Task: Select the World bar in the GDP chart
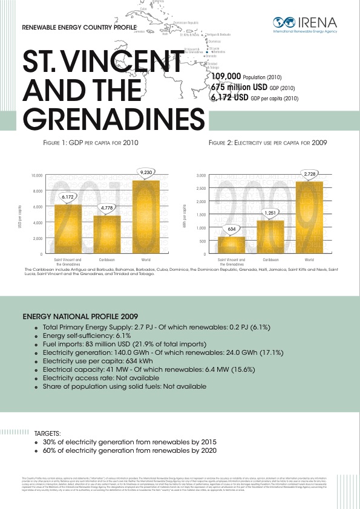pyautogui.click(x=146, y=218)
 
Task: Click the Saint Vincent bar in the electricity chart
pyautogui.click(x=232, y=245)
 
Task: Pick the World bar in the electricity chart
pyautogui.click(x=309, y=218)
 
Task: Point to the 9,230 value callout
pyautogui.click(x=146, y=172)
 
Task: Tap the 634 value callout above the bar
pyautogui.click(x=232, y=229)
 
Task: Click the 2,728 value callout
pyautogui.click(x=309, y=174)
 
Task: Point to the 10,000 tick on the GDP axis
pyautogui.click(x=36, y=176)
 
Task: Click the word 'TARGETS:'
pyautogui.click(x=51, y=433)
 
